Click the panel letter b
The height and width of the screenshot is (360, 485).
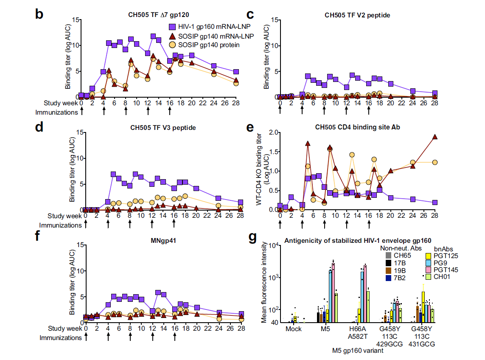(39, 14)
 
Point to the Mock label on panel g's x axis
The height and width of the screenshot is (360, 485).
(294, 329)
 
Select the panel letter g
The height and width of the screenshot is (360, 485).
(252, 239)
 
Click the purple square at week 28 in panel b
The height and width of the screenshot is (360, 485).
(236, 72)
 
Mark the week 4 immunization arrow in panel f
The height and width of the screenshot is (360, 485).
(108, 337)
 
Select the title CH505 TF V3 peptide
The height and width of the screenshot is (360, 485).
(162, 128)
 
